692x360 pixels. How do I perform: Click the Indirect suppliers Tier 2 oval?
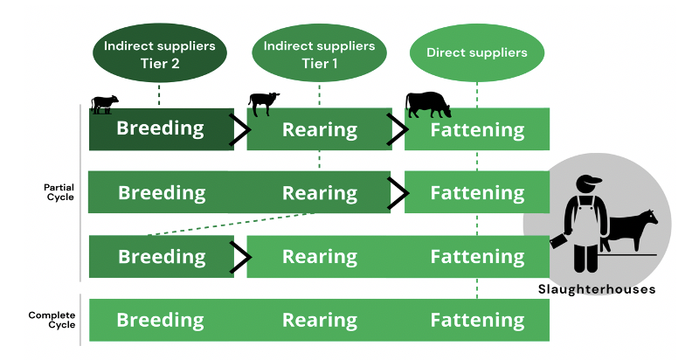tap(159, 53)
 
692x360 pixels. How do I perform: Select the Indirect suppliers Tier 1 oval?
tap(319, 53)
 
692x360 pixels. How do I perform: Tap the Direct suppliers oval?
tap(477, 53)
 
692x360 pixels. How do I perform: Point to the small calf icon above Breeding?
tap(104, 105)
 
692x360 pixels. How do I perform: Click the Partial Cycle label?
tap(59, 192)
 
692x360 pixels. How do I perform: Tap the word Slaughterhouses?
tap(597, 289)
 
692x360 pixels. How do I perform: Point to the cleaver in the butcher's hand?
tap(558, 235)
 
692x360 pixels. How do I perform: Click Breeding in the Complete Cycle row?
tap(162, 321)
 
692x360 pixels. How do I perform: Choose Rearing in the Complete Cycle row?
tap(319, 321)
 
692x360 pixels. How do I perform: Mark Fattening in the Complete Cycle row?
tap(477, 321)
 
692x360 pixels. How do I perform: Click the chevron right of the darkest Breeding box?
tap(239, 129)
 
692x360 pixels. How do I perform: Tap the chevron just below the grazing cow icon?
tap(398, 129)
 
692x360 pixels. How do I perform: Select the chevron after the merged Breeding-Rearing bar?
tap(398, 192)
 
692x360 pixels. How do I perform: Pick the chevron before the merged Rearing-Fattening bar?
tap(239, 257)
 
